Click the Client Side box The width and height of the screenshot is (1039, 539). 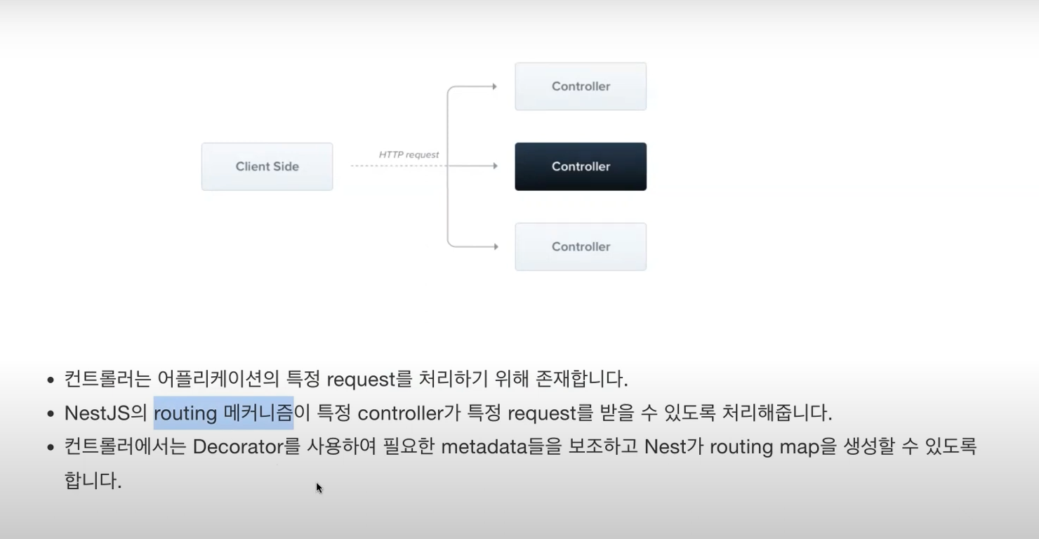[267, 166]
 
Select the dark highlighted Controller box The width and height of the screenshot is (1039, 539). [581, 166]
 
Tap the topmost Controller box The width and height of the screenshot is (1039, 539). [581, 86]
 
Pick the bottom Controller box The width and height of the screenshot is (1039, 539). [581, 246]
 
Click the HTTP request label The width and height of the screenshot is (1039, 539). [409, 154]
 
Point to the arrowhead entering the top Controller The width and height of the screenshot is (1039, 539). [494, 86]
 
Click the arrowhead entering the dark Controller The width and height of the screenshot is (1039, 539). [494, 166]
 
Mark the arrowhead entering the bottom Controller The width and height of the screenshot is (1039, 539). [494, 246]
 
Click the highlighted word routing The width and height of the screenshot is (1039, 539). [185, 413]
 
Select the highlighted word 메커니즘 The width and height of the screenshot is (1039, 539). [258, 413]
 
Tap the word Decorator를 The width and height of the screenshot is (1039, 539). [246, 446]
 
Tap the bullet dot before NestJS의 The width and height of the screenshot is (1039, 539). [50, 413]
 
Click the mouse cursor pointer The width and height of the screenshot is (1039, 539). [319, 487]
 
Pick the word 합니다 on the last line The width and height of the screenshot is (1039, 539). [92, 481]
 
